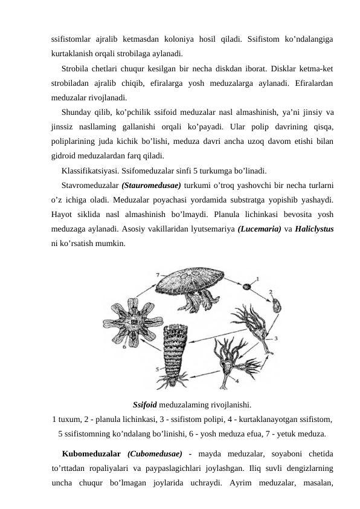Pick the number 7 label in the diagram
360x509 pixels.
click(158, 274)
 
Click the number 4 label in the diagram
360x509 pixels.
click(236, 381)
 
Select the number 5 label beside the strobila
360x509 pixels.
click(158, 369)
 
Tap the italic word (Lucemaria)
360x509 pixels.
click(263, 229)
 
